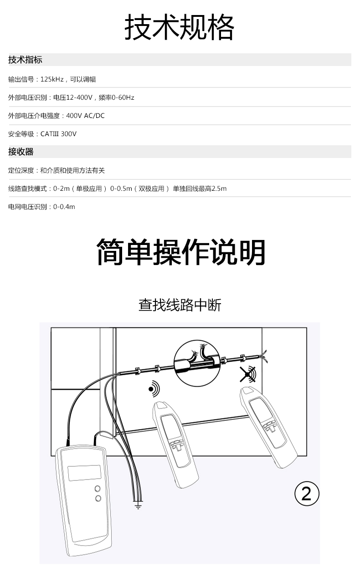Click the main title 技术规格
point(180,27)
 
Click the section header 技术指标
point(25,60)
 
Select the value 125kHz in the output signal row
point(52,79)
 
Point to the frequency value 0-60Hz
point(123,97)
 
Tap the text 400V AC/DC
point(85,116)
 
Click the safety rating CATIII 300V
point(58,134)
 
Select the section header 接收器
point(21,152)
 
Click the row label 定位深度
point(21,170)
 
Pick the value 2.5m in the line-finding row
point(219,189)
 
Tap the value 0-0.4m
point(64,207)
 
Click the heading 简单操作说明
point(181,252)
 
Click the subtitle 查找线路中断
point(180,305)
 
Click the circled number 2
point(307,494)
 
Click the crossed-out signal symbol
point(247,374)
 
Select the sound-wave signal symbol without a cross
point(154,389)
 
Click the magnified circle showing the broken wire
point(197,363)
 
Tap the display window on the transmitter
point(85,473)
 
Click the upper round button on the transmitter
point(98,489)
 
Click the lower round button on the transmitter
point(98,499)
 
